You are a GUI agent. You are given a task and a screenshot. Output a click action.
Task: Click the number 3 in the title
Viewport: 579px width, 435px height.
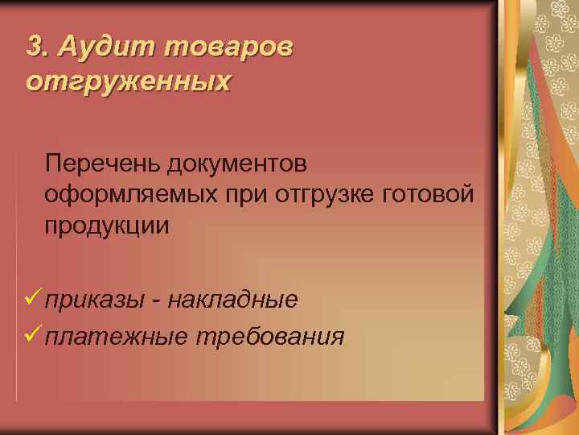point(33,47)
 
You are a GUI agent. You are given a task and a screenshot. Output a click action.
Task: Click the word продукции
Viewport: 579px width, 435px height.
point(107,225)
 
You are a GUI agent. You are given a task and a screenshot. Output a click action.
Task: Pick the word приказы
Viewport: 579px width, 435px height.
point(95,300)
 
